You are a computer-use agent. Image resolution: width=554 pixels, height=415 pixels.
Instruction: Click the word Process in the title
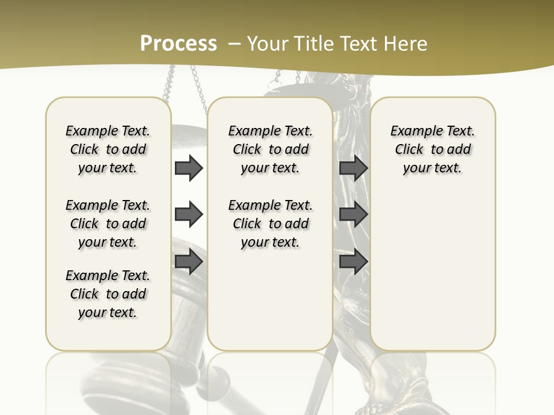pos(178,43)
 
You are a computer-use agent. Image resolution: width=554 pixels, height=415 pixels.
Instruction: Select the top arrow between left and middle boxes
pos(189,168)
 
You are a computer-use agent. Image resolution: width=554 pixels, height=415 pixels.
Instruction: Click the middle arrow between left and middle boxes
pos(189,215)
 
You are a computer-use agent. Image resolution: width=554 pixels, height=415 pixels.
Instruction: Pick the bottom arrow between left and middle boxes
pos(189,262)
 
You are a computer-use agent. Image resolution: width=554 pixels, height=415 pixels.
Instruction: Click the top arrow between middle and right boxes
pos(353,168)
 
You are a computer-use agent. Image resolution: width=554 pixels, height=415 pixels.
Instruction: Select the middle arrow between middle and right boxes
pos(353,215)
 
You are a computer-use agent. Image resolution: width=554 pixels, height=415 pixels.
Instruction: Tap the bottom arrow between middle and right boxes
pos(353,262)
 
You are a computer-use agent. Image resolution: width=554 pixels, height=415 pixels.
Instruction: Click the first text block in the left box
pos(108,149)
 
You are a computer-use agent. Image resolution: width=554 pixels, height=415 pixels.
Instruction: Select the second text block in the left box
pos(108,224)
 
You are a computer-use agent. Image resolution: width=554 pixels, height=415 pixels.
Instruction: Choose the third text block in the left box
pos(108,294)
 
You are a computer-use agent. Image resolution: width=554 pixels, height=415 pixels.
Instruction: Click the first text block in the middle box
pos(271,149)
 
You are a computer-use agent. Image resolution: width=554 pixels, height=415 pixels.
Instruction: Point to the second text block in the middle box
pos(271,224)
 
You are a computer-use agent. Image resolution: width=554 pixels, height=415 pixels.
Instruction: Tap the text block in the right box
pos(433,149)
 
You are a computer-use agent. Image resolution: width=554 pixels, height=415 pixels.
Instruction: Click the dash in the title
pos(234,44)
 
